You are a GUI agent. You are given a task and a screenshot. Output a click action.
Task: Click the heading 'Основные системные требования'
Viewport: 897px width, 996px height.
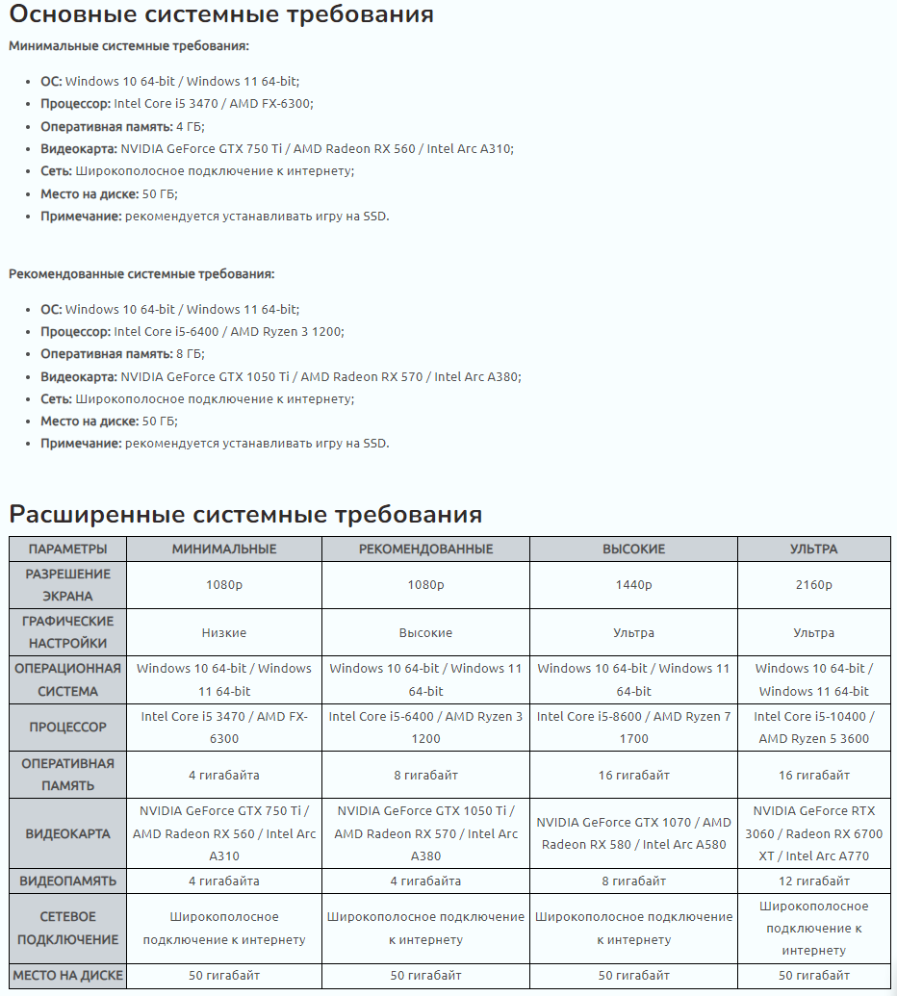(221, 15)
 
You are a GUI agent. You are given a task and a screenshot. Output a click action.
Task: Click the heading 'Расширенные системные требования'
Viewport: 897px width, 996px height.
(245, 515)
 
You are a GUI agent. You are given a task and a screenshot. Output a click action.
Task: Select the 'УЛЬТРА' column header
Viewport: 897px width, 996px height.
(813, 549)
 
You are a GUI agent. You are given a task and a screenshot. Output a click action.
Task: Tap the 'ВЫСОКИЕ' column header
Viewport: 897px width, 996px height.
(633, 549)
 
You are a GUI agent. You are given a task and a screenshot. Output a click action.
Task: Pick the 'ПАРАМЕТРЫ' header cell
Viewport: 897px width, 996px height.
(68, 549)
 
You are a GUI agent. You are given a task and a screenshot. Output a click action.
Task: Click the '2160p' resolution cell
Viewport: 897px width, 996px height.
(813, 585)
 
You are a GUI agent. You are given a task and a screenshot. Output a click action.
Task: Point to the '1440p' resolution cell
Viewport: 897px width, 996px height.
(633, 585)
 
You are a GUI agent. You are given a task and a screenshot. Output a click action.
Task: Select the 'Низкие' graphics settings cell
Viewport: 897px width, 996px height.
(224, 633)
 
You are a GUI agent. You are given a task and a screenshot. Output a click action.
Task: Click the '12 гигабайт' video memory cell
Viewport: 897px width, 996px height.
(813, 881)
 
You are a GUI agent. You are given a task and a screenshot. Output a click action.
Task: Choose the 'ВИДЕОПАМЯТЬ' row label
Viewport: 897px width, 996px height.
(68, 881)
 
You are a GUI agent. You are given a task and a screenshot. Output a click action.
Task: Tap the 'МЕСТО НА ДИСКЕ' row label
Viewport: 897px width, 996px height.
(68, 976)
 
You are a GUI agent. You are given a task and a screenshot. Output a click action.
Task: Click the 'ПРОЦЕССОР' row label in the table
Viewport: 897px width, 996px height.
(68, 728)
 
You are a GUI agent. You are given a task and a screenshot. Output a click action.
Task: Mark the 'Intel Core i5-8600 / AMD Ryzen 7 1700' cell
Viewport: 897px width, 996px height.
(633, 728)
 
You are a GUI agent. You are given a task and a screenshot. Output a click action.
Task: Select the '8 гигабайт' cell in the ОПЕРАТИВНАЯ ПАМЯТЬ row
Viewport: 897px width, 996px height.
(425, 776)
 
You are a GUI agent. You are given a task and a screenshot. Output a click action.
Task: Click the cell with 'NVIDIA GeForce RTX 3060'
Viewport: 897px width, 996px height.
(813, 833)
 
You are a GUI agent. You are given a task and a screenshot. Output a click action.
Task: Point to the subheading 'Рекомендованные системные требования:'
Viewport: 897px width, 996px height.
(141, 274)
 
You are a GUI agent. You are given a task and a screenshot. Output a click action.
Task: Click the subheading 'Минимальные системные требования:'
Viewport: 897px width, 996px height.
(129, 46)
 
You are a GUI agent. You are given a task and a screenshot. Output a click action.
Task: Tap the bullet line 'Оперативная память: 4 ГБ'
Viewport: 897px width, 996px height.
(122, 127)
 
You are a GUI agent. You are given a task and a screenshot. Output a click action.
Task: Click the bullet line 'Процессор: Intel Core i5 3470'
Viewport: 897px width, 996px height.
(176, 104)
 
